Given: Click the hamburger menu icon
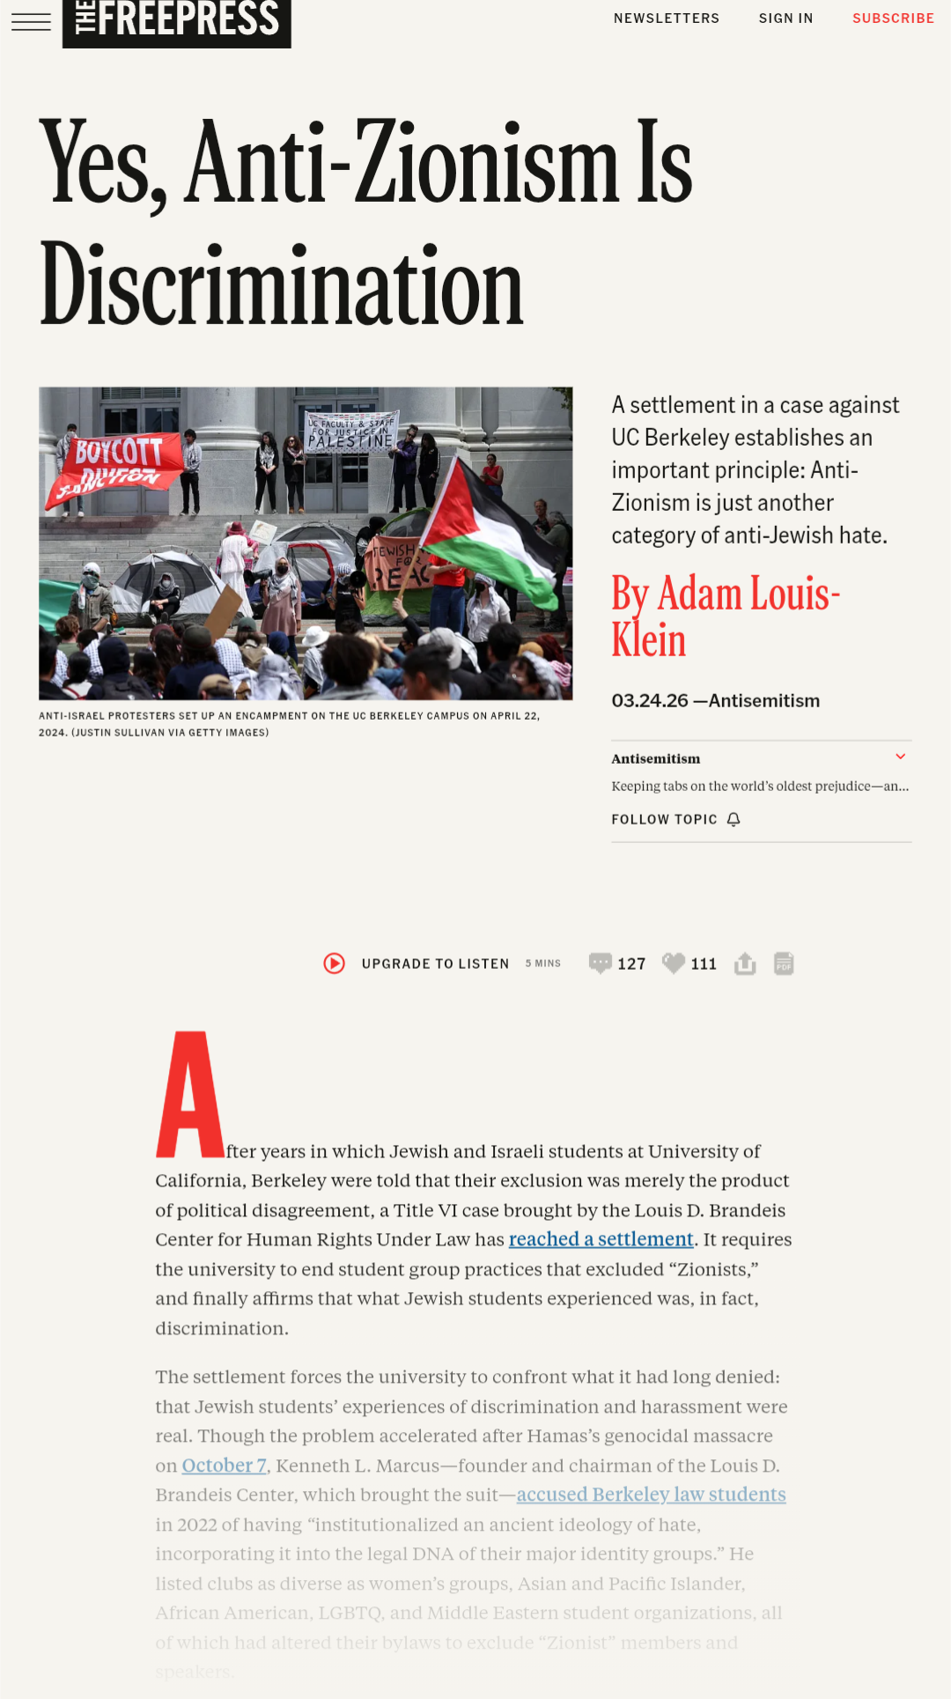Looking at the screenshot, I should pyautogui.click(x=31, y=21).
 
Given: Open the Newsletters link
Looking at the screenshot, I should pyautogui.click(x=667, y=18).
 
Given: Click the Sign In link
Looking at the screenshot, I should pyautogui.click(x=785, y=18).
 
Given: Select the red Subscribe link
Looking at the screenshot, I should pyautogui.click(x=893, y=18).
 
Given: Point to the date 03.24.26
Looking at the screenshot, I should pyautogui.click(x=650, y=701).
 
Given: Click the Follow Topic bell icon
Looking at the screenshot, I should pyautogui.click(x=734, y=820).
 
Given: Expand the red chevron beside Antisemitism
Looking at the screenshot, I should pyautogui.click(x=900, y=757).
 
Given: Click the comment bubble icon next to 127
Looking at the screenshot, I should pyautogui.click(x=600, y=963).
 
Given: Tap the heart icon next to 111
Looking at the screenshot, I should pyautogui.click(x=674, y=963).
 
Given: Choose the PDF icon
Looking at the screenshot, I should pyautogui.click(x=784, y=964).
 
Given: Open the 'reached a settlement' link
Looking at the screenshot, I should pyautogui.click(x=601, y=1239).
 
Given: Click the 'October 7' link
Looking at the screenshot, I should pyautogui.click(x=224, y=1466).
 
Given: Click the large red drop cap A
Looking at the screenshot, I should pyautogui.click(x=189, y=1095).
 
